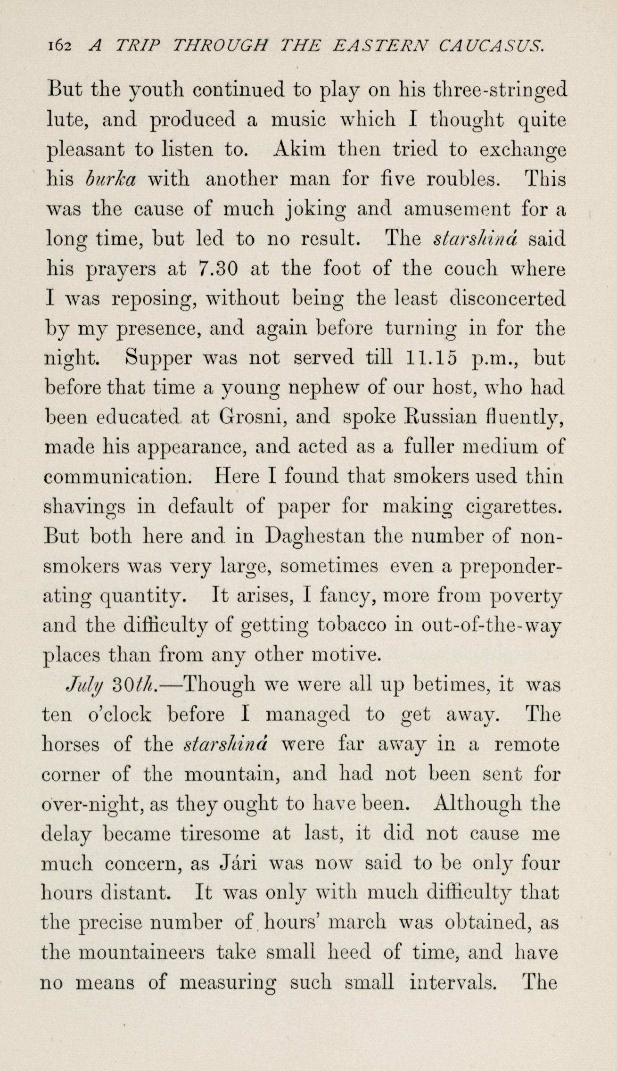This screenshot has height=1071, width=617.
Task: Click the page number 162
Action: point(58,46)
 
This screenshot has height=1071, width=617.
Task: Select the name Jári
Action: point(237,865)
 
